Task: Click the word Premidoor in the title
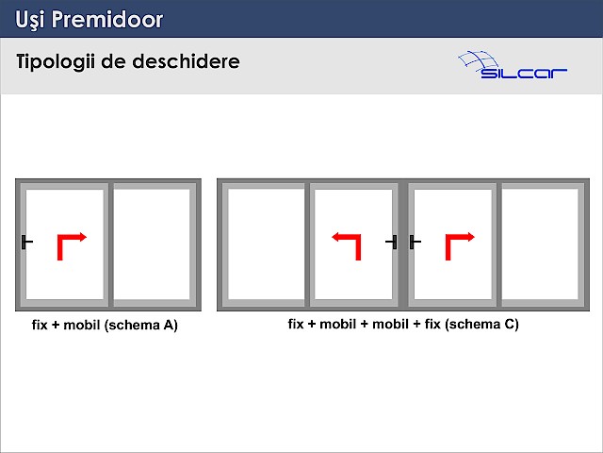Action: (107, 19)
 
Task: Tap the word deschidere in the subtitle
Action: (187, 61)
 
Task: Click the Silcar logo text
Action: (524, 73)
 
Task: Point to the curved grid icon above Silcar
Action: (478, 61)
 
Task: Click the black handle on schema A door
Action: (26, 242)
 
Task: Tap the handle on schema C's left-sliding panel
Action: (392, 242)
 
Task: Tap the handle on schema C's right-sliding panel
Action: (415, 242)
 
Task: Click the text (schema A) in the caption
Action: (141, 325)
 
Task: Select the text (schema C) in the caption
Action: (481, 324)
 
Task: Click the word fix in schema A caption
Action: (40, 325)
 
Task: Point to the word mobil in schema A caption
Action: (81, 325)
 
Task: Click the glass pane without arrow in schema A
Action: (152, 243)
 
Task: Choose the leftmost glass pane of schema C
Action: (266, 243)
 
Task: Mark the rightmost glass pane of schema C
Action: (540, 243)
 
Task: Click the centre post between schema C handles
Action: (403, 244)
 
